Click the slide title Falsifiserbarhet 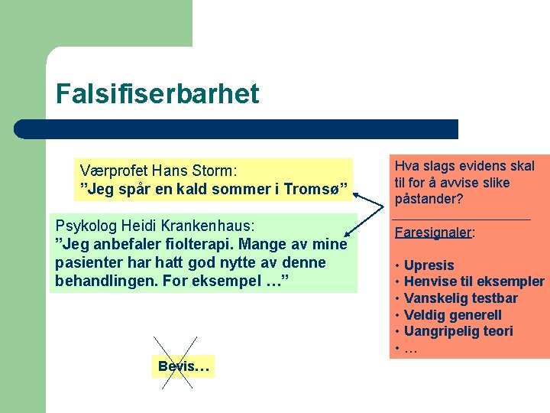157,94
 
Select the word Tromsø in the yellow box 318,188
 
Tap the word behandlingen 102,281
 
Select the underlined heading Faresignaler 434,233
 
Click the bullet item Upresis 429,265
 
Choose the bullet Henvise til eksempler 474,281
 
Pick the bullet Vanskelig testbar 461,298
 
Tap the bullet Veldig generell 452,315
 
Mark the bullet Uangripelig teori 458,331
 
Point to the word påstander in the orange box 425,200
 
